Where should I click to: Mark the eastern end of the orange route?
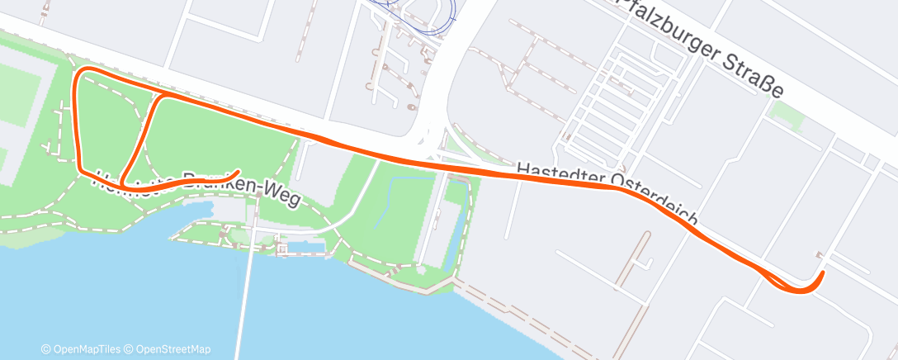click(823, 272)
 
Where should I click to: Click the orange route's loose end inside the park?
click(238, 172)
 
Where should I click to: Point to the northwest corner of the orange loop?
click(80, 74)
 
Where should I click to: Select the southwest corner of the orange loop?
click(81, 171)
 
